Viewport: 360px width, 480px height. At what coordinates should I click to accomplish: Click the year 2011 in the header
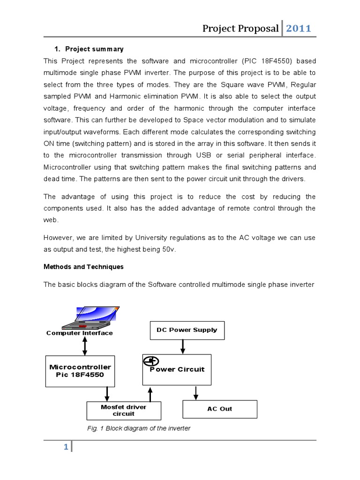(299, 29)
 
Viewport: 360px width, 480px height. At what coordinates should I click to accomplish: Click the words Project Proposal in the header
(240, 29)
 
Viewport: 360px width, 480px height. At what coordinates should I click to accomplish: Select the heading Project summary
(94, 49)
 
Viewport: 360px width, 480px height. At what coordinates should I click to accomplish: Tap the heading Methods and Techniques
(83, 267)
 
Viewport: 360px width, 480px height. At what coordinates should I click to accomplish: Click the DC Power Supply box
(187, 330)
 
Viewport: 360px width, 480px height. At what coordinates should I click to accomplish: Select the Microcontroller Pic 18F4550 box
(80, 371)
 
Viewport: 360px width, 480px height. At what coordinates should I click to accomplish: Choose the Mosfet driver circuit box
(124, 411)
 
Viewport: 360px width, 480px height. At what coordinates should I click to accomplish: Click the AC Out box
(219, 409)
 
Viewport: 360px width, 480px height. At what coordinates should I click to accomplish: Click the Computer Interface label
(80, 333)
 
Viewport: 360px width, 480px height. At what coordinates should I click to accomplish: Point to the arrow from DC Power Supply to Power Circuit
(183, 346)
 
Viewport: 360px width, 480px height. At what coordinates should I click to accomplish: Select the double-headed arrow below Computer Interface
(85, 345)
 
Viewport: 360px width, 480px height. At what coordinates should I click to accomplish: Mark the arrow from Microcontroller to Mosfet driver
(108, 394)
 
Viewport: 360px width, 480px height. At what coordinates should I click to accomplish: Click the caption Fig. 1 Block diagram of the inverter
(139, 428)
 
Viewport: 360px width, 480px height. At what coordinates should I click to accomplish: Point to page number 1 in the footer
(66, 448)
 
